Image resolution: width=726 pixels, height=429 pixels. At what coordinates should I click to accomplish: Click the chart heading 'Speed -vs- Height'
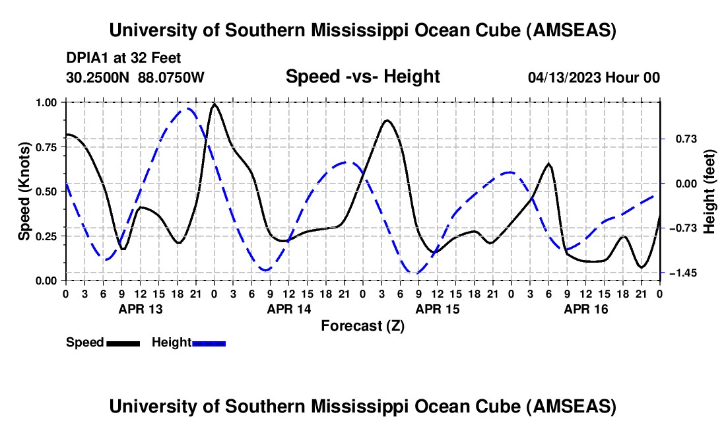(362, 77)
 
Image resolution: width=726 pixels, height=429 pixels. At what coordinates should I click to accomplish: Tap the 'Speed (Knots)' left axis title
(24, 191)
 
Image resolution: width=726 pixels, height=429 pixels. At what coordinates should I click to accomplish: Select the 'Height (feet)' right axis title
(709, 191)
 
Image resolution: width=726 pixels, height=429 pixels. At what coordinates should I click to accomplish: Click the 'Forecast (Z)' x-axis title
(362, 325)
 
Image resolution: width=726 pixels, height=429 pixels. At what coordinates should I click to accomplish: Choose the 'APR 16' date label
(585, 309)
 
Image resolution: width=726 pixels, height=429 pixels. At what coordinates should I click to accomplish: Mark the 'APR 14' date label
(288, 309)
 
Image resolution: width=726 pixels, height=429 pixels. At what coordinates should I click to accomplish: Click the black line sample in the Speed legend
(123, 343)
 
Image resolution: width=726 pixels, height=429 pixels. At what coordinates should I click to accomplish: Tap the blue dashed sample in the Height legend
(209, 343)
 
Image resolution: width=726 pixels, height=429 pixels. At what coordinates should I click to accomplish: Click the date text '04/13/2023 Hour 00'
(594, 77)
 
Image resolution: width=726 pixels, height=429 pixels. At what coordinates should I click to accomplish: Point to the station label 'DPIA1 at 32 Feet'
(123, 58)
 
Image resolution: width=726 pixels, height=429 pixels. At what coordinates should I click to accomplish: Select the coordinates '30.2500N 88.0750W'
(135, 77)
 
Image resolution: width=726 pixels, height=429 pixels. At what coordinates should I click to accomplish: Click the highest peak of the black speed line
(214, 104)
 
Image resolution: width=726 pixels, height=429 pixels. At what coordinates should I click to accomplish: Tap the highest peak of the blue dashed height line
(189, 108)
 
